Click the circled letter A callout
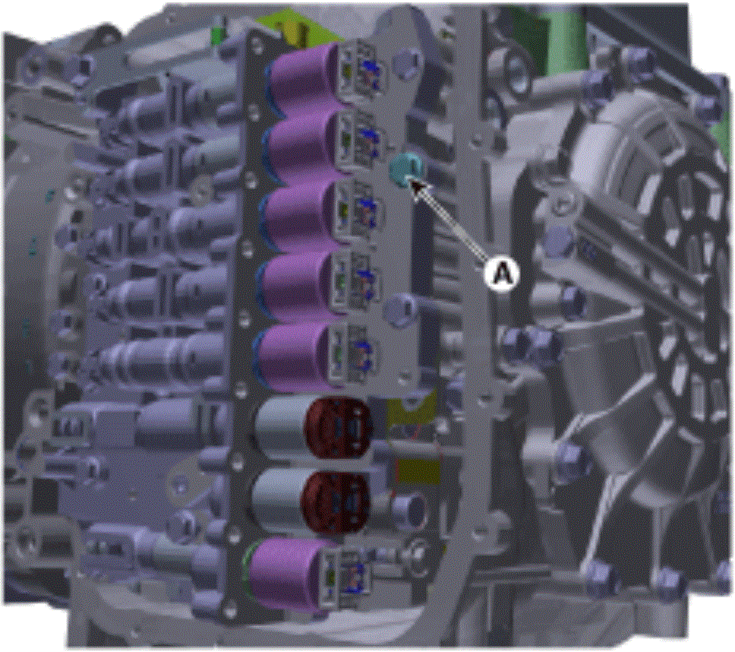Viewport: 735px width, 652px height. [x=502, y=272]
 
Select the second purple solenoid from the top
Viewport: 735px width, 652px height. [x=302, y=145]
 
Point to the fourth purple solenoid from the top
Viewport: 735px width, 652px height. [x=298, y=286]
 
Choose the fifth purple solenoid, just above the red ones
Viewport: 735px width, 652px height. [x=296, y=357]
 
